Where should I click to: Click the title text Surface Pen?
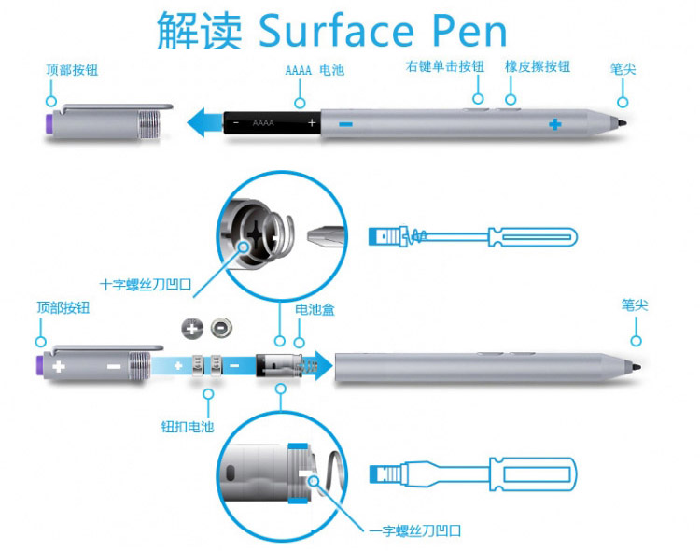383,31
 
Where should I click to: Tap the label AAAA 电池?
315,70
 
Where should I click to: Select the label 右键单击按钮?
445,66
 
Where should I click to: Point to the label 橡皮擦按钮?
538,66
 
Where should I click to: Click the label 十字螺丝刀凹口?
146,284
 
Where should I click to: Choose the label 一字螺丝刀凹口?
415,530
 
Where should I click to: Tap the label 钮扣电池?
188,427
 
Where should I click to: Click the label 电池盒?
315,309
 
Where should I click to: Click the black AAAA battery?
272,123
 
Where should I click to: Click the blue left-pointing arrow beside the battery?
204,122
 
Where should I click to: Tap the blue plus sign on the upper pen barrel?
555,124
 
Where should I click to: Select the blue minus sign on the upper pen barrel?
346,124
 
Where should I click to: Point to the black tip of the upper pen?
622,123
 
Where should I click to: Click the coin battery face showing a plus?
192,329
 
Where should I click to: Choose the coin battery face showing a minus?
221,328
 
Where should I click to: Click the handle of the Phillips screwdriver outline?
533,237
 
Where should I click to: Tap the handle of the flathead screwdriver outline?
533,474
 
